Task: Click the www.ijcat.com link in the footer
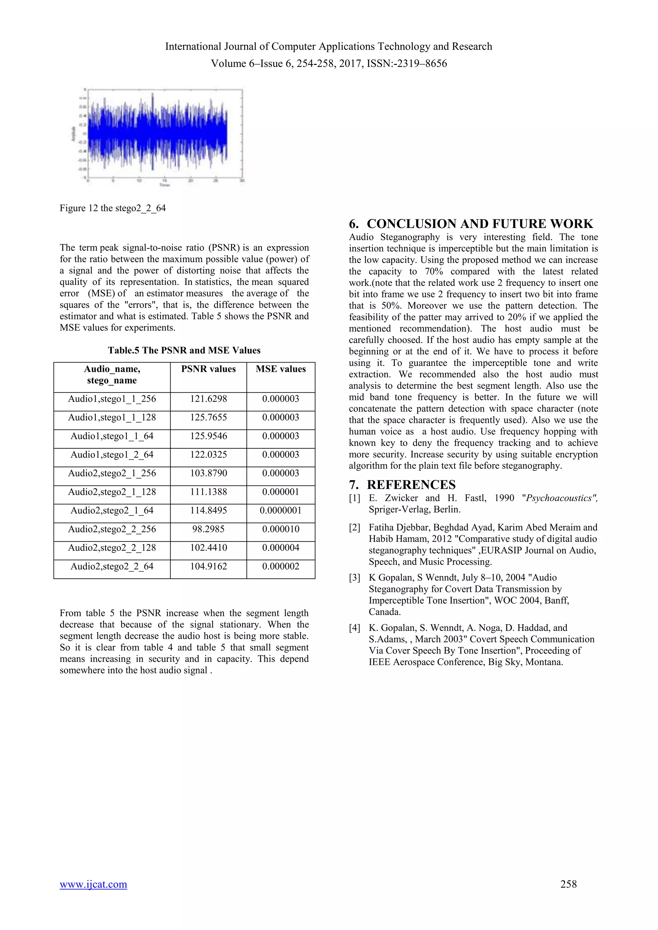[x=93, y=884]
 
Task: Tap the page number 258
[x=568, y=884]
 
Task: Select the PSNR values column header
[x=208, y=369]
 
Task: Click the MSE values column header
[x=280, y=369]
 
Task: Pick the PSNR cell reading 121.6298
[x=208, y=399]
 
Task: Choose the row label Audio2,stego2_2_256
[x=112, y=530]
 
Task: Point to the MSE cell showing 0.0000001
[x=280, y=511]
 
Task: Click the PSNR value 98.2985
[x=208, y=530]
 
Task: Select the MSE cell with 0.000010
[x=280, y=530]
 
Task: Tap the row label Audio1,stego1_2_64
[x=112, y=455]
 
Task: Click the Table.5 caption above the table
[x=184, y=350]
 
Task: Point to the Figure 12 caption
[x=113, y=208]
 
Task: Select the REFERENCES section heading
[x=411, y=485]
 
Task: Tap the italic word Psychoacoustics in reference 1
[x=558, y=498]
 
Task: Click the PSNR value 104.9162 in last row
[x=208, y=567]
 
